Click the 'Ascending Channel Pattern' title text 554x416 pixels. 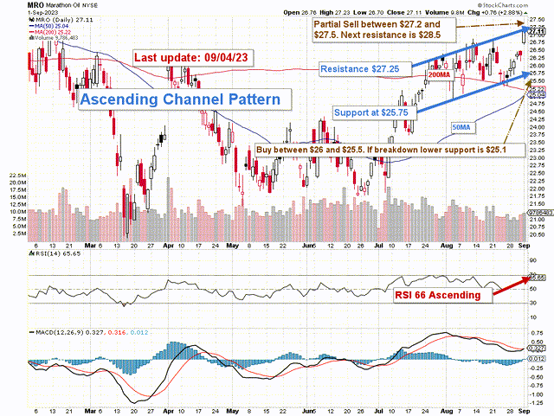180,99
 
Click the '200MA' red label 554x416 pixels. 440,75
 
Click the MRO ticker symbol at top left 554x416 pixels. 13,5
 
